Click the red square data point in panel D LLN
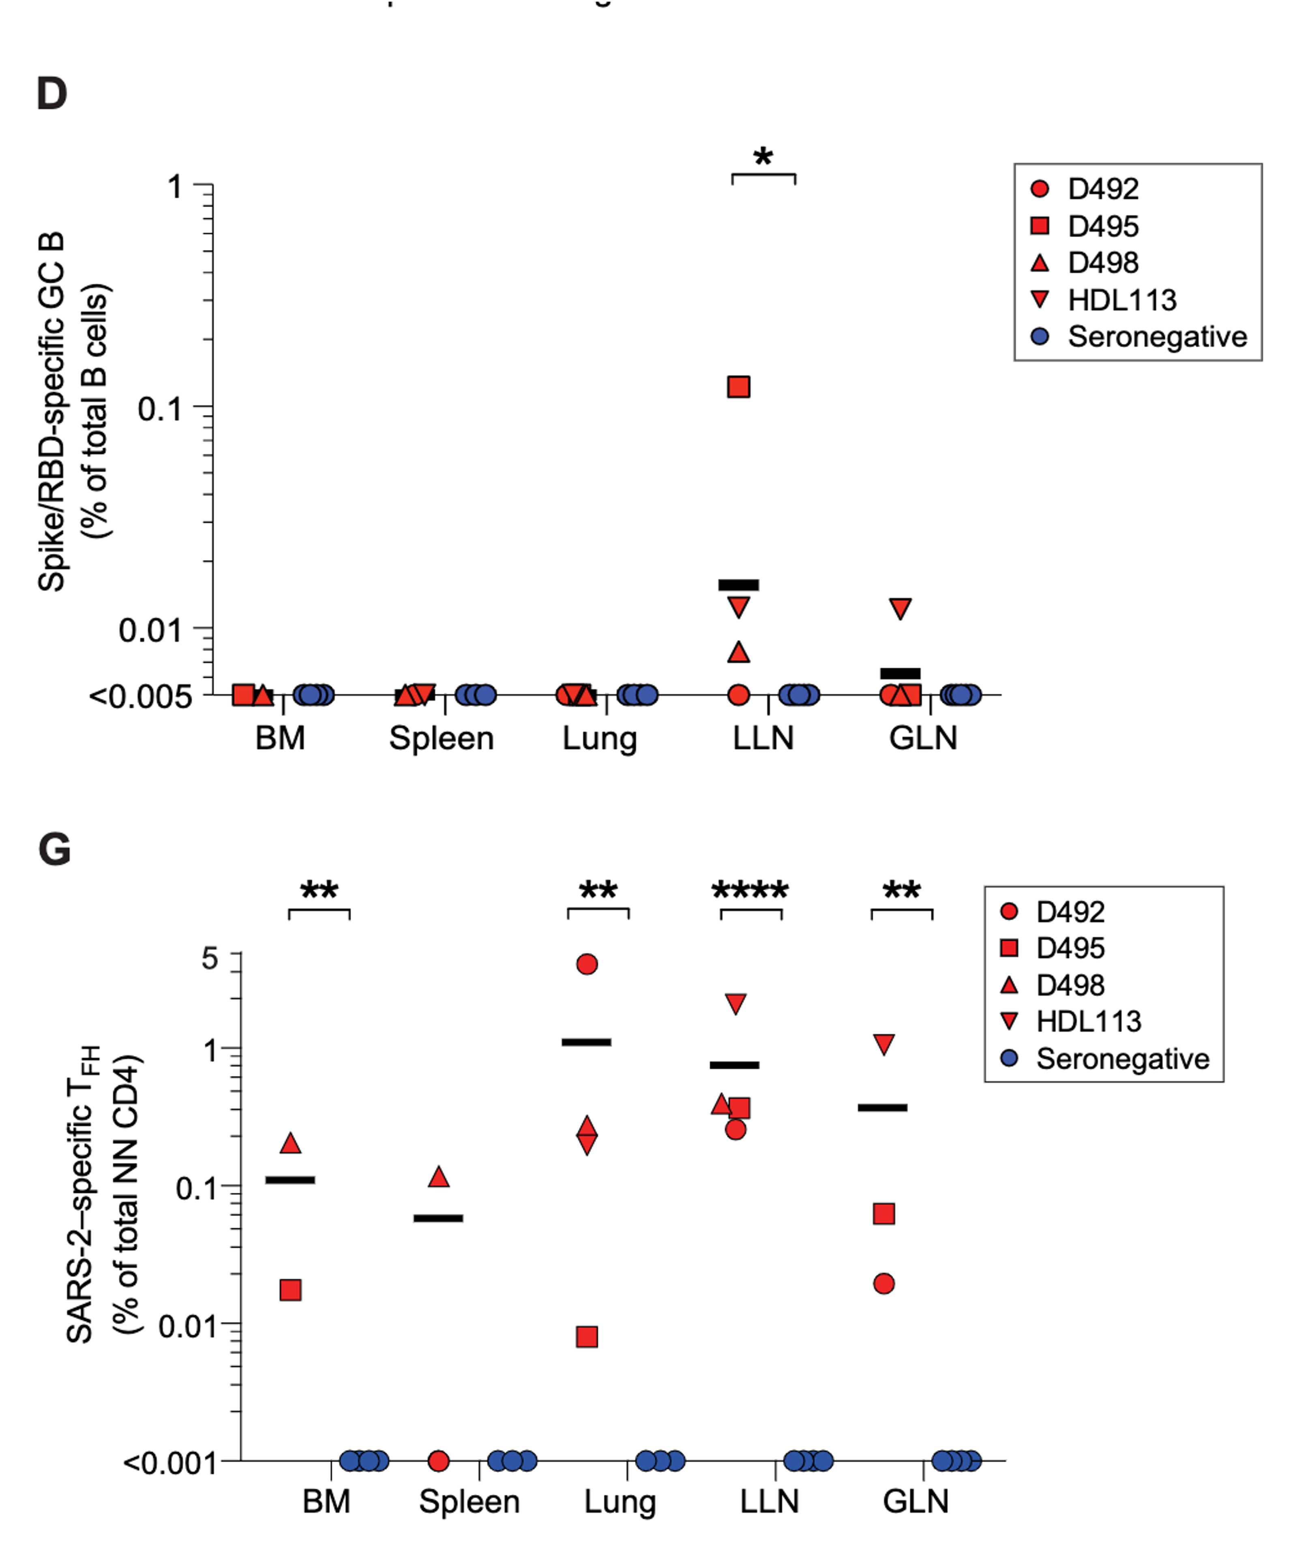(738, 387)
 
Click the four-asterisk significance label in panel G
(750, 891)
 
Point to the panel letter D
(51, 94)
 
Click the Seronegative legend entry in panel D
(1157, 337)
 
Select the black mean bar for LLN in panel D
(738, 585)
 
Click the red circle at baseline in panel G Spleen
(439, 1461)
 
